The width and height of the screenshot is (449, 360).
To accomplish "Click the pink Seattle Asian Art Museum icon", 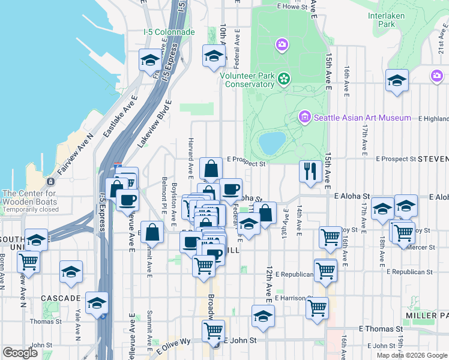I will tap(304, 116).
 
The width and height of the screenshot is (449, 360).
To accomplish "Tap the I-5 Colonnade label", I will tap(169, 32).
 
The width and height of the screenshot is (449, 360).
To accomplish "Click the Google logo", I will tap(20, 352).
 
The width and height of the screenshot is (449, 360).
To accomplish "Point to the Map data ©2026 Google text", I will tap(412, 355).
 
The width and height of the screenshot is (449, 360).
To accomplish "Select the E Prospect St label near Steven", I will tap(396, 159).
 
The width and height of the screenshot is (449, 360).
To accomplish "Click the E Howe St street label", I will tap(292, 7).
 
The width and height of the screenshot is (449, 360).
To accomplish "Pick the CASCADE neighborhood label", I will tap(61, 298).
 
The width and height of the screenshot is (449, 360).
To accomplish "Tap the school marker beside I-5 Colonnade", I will tap(150, 59).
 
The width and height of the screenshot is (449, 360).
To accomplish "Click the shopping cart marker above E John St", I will tap(213, 329).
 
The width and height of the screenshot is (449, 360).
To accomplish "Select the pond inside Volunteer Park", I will tap(272, 142).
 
